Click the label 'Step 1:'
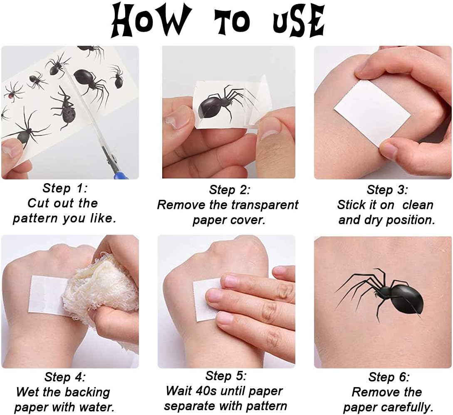pos(65,188)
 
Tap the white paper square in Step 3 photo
pos(372,113)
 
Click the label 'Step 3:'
pos(387,190)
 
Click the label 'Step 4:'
pos(65,377)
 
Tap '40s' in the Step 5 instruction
pos(205,391)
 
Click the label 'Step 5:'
pos(225,376)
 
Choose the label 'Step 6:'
pos(389,377)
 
